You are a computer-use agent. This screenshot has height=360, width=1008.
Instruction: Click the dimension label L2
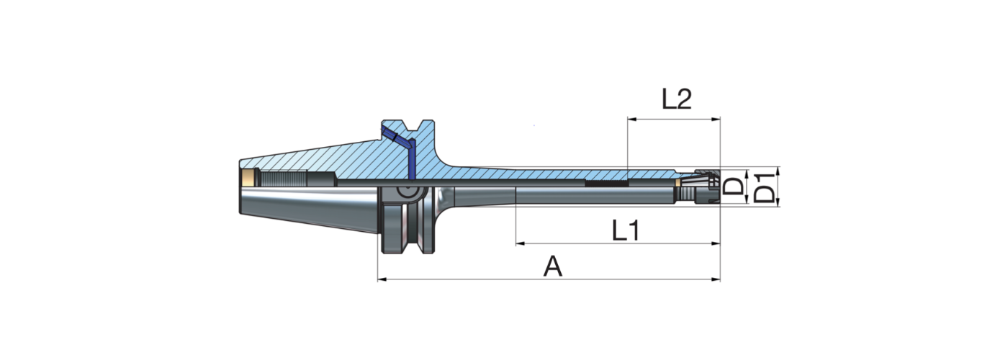coord(676,99)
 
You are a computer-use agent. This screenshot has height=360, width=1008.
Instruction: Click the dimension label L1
coord(626,230)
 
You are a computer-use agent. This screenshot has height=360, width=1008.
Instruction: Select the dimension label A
coord(552,267)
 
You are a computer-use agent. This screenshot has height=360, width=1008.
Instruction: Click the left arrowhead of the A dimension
coord(382,279)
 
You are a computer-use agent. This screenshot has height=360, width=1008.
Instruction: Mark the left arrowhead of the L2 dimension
coord(631,119)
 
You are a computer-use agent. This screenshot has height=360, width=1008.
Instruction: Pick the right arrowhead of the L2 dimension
coord(716,119)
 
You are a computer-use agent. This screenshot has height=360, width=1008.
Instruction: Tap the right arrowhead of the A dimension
coord(716,279)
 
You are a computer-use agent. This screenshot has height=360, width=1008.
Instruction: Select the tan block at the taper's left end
coord(248,178)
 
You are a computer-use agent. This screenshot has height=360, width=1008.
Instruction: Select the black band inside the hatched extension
coord(606,183)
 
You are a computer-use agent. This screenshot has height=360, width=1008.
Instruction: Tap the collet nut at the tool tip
coord(701,186)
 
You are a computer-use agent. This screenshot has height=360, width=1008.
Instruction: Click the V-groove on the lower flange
coord(413,230)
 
